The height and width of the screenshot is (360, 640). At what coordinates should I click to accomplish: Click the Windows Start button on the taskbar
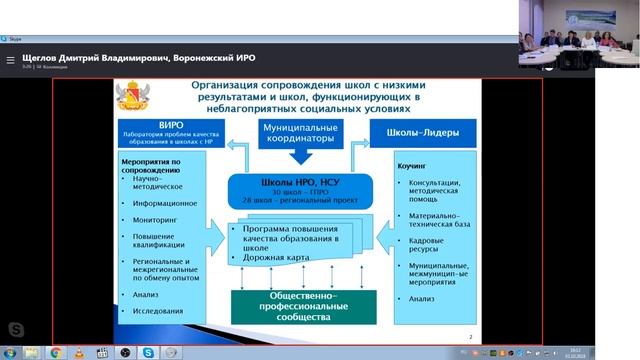[8, 352]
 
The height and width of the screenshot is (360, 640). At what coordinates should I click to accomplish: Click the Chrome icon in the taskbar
[57, 352]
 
